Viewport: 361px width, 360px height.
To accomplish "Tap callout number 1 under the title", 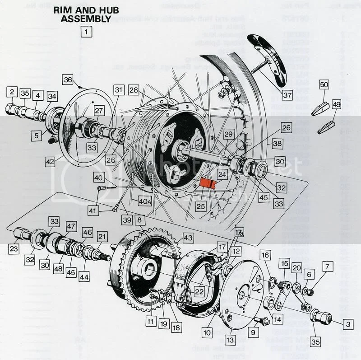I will [85, 32].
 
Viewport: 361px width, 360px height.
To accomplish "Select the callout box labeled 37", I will [288, 95].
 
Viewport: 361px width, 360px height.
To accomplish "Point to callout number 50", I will [324, 84].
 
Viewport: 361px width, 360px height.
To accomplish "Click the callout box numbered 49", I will [336, 104].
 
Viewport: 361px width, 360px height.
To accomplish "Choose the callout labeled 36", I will [68, 80].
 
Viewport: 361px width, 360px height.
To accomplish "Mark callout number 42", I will [50, 160].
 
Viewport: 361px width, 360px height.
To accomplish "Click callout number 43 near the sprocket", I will [187, 238].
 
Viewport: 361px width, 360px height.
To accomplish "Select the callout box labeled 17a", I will [239, 234].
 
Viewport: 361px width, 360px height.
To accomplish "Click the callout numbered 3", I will [347, 323].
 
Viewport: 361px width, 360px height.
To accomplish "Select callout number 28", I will [133, 90].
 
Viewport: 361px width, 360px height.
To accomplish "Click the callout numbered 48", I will [58, 268].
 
